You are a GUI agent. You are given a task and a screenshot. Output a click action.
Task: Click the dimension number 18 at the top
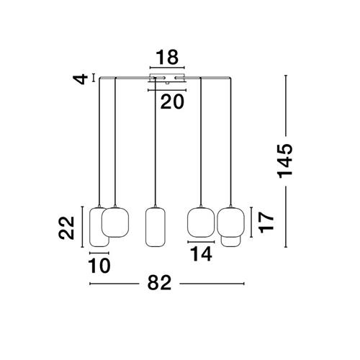(x=167, y=58)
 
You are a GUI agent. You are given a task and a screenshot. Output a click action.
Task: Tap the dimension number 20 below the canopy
(x=172, y=102)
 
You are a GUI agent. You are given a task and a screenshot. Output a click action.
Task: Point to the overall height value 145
(x=285, y=161)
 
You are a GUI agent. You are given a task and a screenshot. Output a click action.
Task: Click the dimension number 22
(x=66, y=228)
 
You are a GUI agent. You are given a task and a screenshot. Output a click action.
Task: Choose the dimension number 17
(x=266, y=222)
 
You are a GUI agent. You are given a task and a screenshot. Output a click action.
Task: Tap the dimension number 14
(x=201, y=254)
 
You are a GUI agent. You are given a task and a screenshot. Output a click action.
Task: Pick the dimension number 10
(x=99, y=266)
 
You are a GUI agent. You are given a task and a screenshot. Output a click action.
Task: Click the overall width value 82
(x=159, y=282)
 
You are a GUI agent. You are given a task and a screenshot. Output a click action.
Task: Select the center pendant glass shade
(x=156, y=227)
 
